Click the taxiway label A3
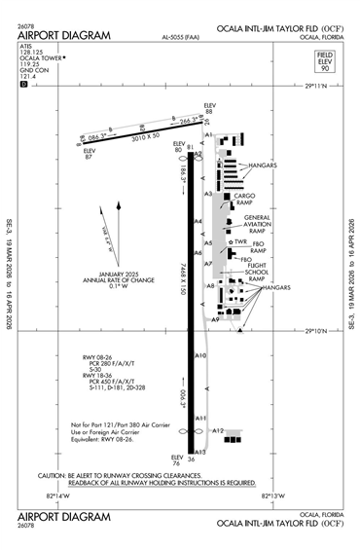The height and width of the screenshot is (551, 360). pyautogui.click(x=208, y=194)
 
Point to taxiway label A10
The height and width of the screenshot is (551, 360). pyautogui.click(x=200, y=355)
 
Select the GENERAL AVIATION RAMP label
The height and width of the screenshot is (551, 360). pyautogui.click(x=257, y=223)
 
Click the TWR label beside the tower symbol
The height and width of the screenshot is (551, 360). pyautogui.click(x=240, y=242)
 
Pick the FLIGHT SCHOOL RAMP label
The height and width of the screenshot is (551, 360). pyautogui.click(x=257, y=270)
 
